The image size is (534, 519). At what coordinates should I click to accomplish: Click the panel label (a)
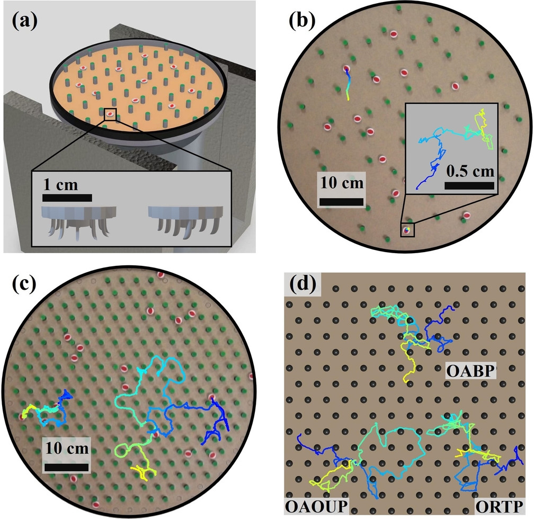pyautogui.click(x=24, y=21)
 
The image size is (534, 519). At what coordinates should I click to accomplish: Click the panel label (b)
pyautogui.click(x=302, y=21)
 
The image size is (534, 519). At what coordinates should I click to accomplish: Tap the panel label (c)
pyautogui.click(x=24, y=284)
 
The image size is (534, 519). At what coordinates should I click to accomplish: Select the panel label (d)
pyautogui.click(x=302, y=283)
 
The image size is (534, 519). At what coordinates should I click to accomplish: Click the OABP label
pyautogui.click(x=470, y=371)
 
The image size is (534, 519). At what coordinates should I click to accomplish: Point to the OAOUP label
pyautogui.click(x=316, y=506)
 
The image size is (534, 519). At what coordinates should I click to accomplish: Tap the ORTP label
pyautogui.click(x=499, y=507)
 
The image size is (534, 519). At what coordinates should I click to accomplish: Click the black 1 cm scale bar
pyautogui.click(x=67, y=198)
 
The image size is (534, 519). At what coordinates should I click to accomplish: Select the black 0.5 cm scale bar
pyautogui.click(x=469, y=185)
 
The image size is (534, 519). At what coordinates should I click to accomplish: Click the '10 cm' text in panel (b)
pyautogui.click(x=342, y=183)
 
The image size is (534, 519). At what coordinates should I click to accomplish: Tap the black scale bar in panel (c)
pyautogui.click(x=67, y=467)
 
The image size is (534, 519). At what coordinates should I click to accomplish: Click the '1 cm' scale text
pyautogui.click(x=60, y=185)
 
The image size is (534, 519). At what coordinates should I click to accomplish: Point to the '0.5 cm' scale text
pyautogui.click(x=470, y=171)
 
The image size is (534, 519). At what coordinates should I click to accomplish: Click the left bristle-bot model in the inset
pyautogui.click(x=79, y=219)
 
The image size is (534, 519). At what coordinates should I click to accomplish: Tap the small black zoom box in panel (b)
pyautogui.click(x=407, y=230)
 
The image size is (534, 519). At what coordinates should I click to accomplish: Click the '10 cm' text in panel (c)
pyautogui.click(x=67, y=448)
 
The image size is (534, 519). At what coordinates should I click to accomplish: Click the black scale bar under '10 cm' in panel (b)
pyautogui.click(x=341, y=202)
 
